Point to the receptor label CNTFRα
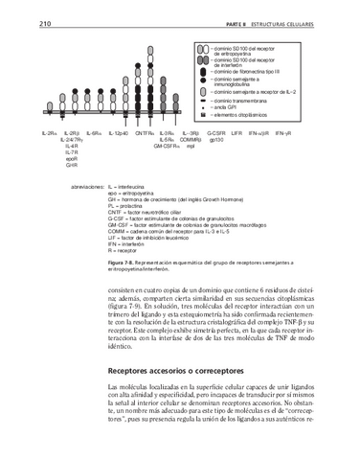145,133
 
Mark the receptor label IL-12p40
118,133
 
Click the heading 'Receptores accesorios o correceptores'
173,367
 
